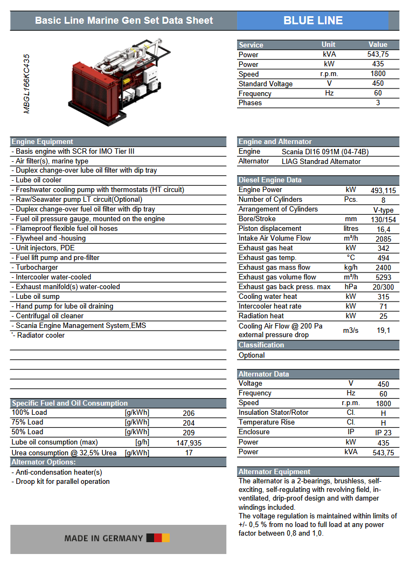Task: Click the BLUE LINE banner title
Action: point(313,20)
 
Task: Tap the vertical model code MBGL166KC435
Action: point(27,84)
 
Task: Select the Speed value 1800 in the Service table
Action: point(378,74)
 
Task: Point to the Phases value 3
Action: point(378,102)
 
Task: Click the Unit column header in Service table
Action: point(328,45)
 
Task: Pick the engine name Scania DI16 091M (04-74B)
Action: point(325,152)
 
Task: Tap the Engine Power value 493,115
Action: point(383,190)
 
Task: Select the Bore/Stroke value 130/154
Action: point(383,220)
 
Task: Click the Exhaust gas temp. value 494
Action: point(383,258)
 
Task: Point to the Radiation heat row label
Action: point(261,316)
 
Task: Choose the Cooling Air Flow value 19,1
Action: point(383,331)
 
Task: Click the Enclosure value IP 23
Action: point(383,433)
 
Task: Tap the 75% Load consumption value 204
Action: point(189,423)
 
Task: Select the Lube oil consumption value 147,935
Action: point(189,443)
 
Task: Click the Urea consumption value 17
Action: point(189,453)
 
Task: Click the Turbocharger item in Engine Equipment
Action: point(37,267)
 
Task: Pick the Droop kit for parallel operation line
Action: point(62,481)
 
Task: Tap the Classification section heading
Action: point(261,345)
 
